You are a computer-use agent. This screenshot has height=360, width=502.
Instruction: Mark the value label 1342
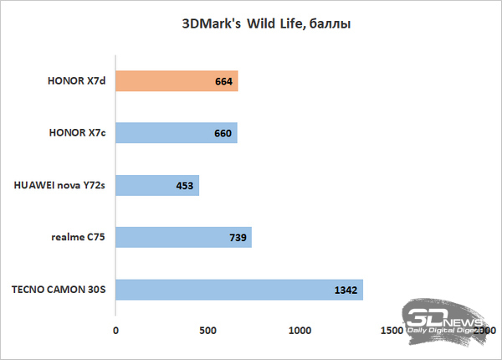click(x=345, y=290)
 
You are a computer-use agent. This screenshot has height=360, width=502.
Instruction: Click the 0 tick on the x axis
click(x=115, y=331)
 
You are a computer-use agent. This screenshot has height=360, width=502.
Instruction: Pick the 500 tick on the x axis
click(x=207, y=331)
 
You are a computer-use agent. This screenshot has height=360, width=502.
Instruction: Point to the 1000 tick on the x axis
click(x=300, y=331)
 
